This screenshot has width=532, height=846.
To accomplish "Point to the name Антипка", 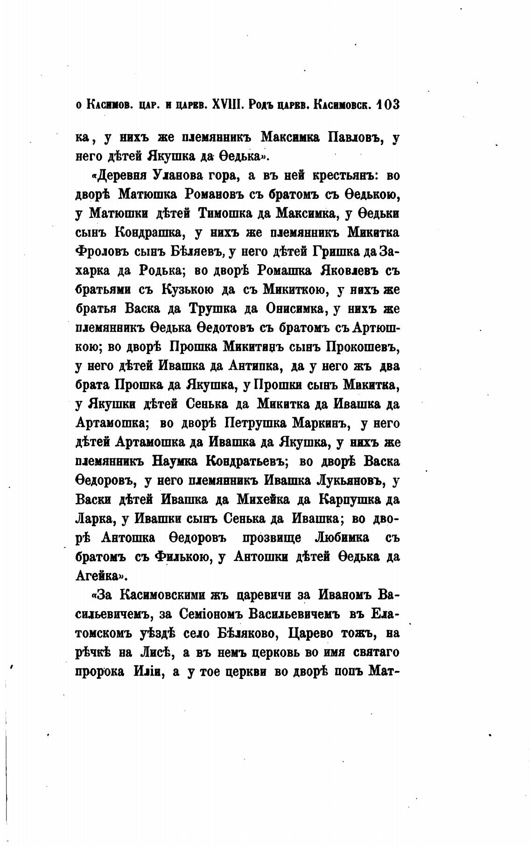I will (254, 366).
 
